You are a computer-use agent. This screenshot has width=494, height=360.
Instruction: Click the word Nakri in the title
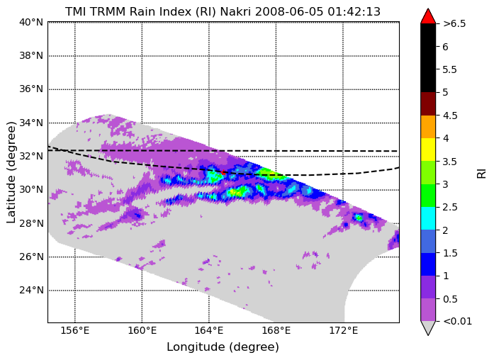(236, 11)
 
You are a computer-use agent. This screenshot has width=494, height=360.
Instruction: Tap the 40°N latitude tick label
(31, 23)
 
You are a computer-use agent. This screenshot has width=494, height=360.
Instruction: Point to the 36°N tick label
(31, 89)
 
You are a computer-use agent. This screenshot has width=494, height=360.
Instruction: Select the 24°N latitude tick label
(31, 290)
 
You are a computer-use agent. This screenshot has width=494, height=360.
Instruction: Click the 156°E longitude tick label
(75, 331)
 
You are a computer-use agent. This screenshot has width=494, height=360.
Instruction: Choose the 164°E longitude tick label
(209, 331)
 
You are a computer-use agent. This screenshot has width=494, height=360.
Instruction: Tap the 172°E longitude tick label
(344, 331)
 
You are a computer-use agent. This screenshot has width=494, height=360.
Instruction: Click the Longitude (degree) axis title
(223, 347)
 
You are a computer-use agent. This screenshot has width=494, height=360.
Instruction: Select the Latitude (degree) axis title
(11, 173)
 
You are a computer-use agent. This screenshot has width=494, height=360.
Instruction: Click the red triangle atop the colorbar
(428, 17)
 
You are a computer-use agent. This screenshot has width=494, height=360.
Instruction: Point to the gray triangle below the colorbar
(428, 327)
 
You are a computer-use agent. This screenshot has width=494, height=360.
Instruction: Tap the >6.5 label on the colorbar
(454, 24)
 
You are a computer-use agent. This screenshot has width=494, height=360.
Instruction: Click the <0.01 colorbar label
(457, 322)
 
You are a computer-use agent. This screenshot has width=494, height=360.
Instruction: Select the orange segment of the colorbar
(428, 127)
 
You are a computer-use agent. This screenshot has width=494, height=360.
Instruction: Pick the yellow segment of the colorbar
(428, 150)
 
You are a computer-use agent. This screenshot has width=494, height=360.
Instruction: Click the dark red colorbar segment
(428, 104)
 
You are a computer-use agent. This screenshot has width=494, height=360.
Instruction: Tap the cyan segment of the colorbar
(428, 218)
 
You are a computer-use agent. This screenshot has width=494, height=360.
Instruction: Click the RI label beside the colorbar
(481, 174)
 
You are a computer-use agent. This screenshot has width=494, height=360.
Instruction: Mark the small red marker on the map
(223, 172)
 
